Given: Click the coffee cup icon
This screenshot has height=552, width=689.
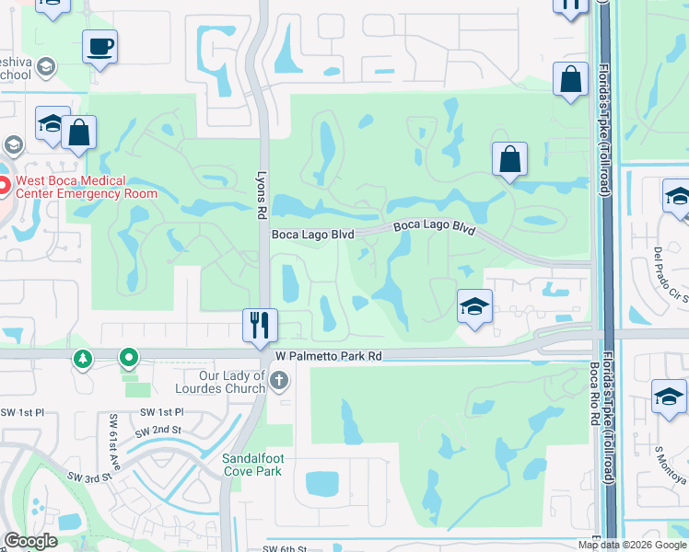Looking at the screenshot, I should (99, 45).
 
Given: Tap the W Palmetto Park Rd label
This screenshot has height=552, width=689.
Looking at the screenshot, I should (328, 355).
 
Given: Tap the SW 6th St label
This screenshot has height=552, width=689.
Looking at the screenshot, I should (283, 549).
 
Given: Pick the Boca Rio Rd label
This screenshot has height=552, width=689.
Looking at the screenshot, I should (594, 390).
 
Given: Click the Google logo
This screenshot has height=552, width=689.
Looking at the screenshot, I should (30, 541).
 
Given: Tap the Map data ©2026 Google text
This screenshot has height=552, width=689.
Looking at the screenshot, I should (632, 545).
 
